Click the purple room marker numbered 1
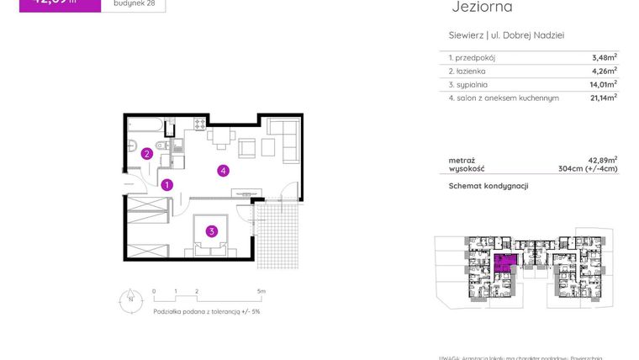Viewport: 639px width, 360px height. pyautogui.click(x=167, y=185)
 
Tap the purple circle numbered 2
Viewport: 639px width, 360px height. pyautogui.click(x=146, y=154)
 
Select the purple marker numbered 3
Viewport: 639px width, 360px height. pyautogui.click(x=213, y=231)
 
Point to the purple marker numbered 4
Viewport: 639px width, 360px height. pyautogui.click(x=223, y=171)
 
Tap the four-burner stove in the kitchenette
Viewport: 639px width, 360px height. pyautogui.click(x=200, y=124)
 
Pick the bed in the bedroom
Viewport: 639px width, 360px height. pyautogui.click(x=213, y=234)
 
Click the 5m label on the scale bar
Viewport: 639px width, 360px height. pyautogui.click(x=261, y=291)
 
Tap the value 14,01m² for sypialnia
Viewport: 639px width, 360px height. pyautogui.click(x=604, y=84)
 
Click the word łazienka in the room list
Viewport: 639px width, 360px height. pyautogui.click(x=472, y=71)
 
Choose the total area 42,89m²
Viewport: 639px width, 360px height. pyautogui.click(x=603, y=160)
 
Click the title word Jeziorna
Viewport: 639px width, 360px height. pyautogui.click(x=482, y=8)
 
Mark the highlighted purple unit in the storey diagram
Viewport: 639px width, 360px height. pyautogui.click(x=504, y=263)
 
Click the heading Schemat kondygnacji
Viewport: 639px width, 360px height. pyautogui.click(x=488, y=186)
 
